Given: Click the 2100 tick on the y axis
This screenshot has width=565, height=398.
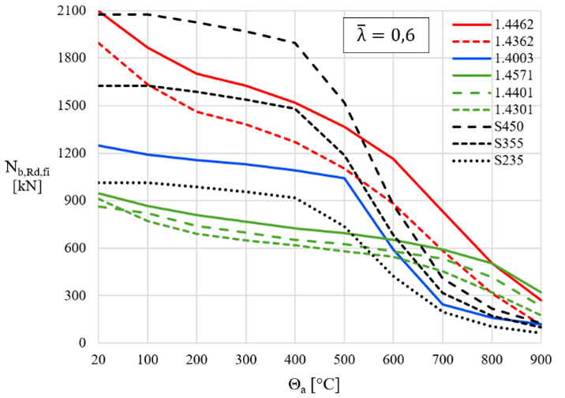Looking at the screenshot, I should point(73,11).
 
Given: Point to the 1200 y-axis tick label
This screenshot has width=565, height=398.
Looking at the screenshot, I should point(73,153).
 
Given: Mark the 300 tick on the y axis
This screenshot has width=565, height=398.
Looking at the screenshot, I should point(78,295).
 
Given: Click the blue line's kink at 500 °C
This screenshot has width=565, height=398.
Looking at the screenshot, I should point(343,178).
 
